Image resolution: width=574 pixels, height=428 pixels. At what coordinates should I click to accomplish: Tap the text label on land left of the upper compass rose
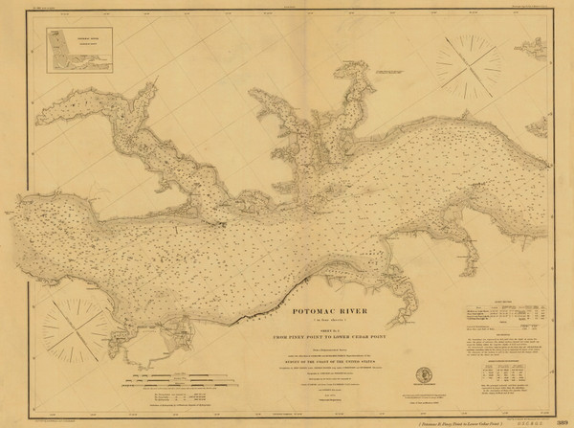point(392,72)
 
